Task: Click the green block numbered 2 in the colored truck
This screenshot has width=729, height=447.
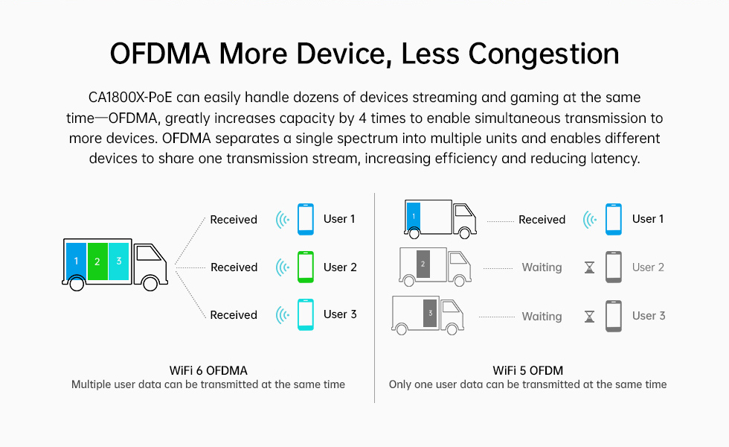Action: (97, 261)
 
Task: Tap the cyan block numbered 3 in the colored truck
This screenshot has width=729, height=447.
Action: (118, 261)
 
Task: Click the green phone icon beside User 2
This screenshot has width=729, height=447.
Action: (306, 267)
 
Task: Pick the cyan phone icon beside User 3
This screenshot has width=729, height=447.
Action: (306, 314)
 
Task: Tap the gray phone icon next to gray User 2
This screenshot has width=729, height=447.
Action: (614, 267)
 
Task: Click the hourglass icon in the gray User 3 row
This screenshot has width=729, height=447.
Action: (589, 317)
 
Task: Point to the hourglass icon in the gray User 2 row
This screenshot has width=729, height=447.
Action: (589, 267)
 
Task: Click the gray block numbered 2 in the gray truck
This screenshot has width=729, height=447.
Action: (423, 264)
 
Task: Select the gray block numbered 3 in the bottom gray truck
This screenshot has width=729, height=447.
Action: (430, 313)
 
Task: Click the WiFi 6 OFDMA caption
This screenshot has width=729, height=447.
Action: (208, 371)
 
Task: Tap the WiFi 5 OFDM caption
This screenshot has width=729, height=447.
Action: (527, 371)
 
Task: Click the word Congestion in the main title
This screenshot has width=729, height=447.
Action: (544, 54)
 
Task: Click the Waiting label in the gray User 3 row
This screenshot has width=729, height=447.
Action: (542, 317)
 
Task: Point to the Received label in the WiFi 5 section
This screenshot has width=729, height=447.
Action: (542, 219)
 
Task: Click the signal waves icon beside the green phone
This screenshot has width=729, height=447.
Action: (283, 267)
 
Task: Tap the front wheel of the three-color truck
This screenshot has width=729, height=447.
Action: (150, 282)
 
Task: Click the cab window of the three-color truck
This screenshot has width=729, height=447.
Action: (148, 253)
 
